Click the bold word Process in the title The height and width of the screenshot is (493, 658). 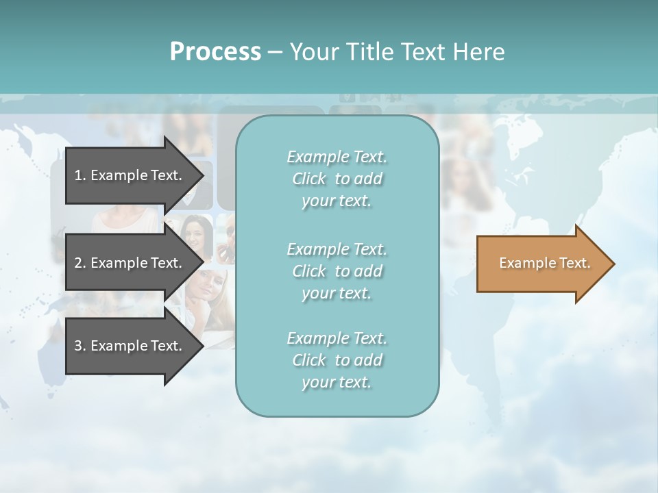click(215, 52)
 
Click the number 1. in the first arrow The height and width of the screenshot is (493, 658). click(80, 175)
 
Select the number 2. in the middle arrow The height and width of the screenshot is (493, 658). click(80, 263)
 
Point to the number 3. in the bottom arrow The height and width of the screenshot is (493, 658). click(80, 346)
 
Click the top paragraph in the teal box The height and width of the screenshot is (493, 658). click(337, 179)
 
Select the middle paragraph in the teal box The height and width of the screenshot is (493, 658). click(337, 271)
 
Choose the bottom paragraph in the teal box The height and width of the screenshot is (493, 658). click(337, 360)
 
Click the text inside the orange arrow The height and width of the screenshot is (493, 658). click(544, 263)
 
